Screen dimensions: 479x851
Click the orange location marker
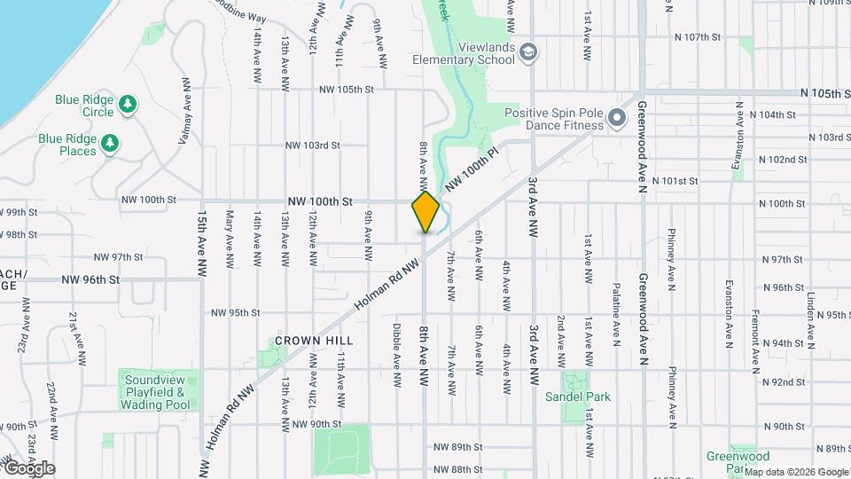click(425, 212)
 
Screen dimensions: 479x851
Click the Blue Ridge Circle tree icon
click(129, 105)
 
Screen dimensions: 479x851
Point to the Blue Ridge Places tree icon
click(110, 143)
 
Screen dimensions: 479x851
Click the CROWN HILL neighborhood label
click(314, 341)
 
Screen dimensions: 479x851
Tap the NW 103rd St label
click(313, 145)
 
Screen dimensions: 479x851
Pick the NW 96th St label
click(90, 279)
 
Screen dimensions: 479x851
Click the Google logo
click(29, 467)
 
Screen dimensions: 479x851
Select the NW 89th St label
click(457, 447)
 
